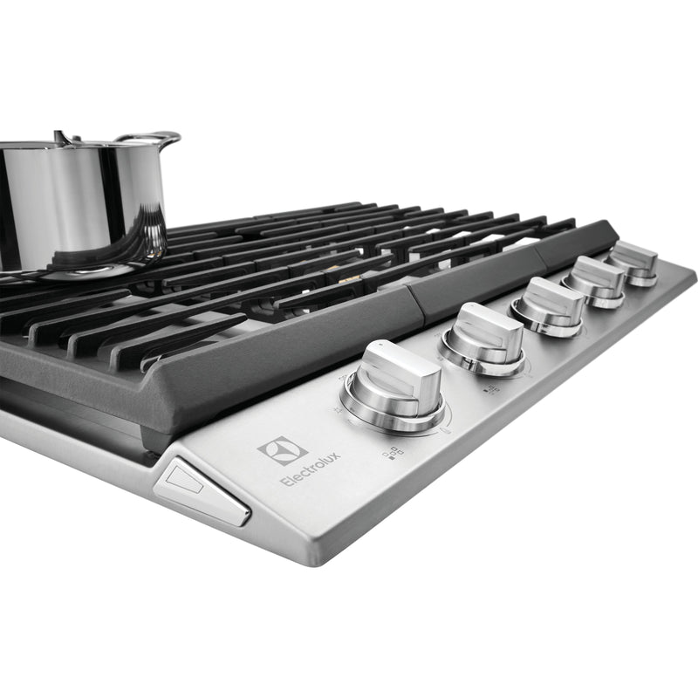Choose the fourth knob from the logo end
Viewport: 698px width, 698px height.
click(x=595, y=280)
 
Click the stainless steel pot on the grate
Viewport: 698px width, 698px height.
click(x=79, y=201)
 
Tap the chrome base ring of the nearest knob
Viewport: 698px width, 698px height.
click(x=393, y=414)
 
